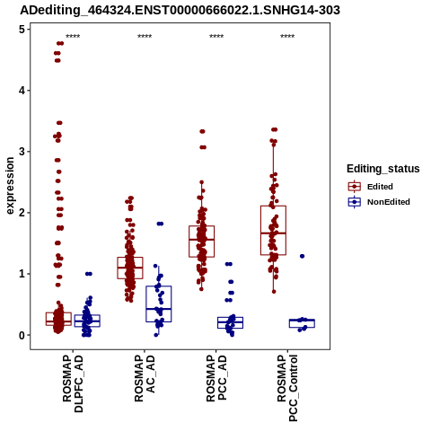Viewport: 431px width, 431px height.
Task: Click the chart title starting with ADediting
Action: pos(180,10)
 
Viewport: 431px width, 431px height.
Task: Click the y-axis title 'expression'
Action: pos(10,186)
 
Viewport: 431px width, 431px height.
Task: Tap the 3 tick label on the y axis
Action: pos(22,152)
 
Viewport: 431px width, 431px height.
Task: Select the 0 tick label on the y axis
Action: pos(22,335)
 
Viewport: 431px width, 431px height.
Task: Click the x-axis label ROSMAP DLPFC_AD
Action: pos(73,383)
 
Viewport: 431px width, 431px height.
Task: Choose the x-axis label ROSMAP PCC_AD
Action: pos(216,378)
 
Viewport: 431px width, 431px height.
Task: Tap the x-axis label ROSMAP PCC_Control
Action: pos(287,388)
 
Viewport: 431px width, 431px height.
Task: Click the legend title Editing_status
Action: pos(383,169)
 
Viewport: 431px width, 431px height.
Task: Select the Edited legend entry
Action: pos(371,187)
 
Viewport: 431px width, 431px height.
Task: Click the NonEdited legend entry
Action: pos(379,202)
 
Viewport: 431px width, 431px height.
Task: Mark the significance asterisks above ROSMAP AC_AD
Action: pos(145,37)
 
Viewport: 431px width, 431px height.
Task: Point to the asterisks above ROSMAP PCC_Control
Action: pos(287,37)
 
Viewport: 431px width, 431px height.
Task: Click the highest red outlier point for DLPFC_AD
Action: pos(60,43)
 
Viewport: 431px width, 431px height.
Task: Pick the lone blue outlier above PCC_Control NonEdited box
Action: pos(302,256)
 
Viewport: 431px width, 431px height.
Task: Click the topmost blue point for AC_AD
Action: pos(160,224)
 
